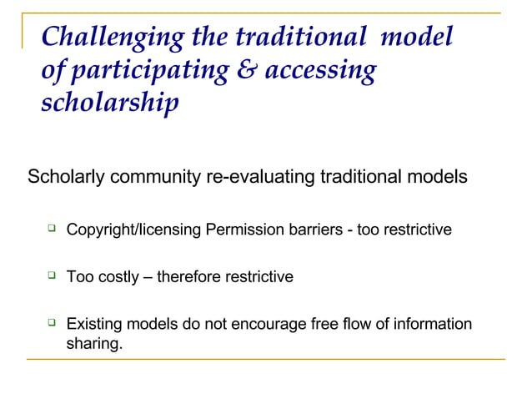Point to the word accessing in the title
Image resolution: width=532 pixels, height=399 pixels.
tap(321, 72)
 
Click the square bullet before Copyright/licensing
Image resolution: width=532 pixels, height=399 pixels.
tap(52, 227)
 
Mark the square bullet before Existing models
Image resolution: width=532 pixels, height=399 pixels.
tap(52, 321)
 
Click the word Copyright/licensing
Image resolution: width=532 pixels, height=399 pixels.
tap(134, 228)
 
